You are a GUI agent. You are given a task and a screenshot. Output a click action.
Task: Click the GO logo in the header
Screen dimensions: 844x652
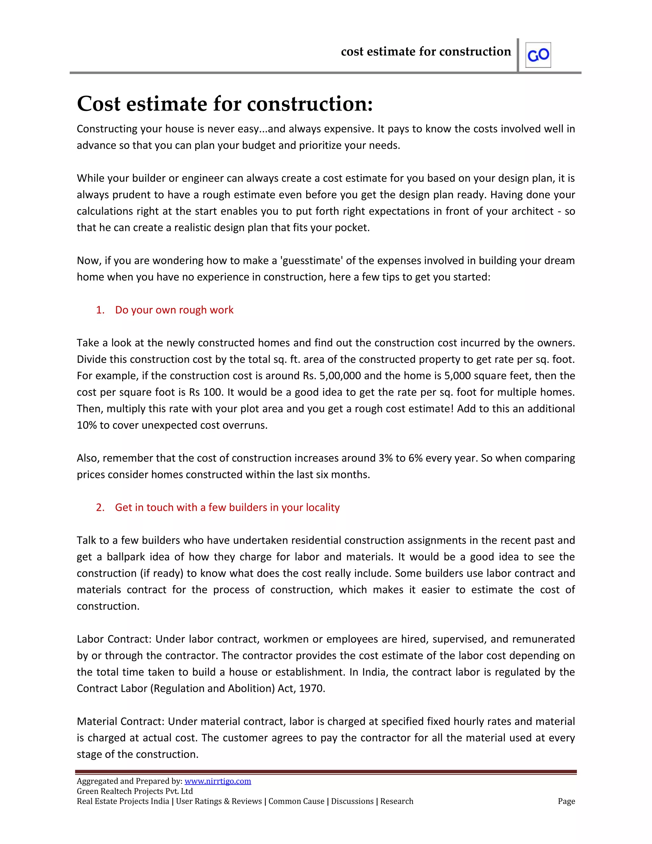click(x=538, y=55)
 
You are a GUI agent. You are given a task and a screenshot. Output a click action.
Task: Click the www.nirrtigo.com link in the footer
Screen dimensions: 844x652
click(x=217, y=781)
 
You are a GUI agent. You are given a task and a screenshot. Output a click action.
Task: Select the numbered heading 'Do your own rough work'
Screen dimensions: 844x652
click(x=174, y=310)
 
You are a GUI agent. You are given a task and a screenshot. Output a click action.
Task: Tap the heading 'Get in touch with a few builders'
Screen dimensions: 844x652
click(x=227, y=507)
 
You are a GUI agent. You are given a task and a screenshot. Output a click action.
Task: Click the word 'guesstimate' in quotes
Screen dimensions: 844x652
click(x=312, y=261)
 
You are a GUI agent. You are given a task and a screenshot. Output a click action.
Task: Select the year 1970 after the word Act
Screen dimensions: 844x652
click(x=311, y=688)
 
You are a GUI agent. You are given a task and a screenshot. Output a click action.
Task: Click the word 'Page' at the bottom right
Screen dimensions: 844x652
click(x=566, y=801)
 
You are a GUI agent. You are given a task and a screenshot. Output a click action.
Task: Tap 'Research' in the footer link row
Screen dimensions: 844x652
click(x=397, y=801)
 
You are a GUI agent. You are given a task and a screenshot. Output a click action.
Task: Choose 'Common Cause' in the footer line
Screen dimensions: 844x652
click(x=296, y=801)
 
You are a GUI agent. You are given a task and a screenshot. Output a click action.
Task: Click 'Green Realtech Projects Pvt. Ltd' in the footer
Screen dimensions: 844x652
click(x=135, y=791)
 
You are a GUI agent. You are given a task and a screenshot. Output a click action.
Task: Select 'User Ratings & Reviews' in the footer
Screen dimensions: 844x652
click(x=219, y=801)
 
